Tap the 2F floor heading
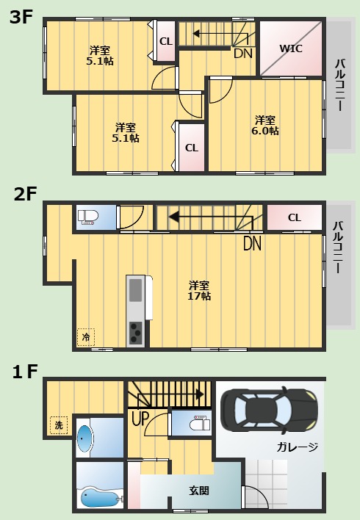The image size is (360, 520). [x=25, y=194]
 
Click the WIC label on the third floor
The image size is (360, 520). [x=291, y=49]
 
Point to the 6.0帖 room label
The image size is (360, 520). [x=266, y=131]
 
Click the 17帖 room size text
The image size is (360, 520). [x=198, y=296]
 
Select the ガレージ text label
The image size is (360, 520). [x=298, y=447]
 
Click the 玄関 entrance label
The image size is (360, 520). [x=199, y=490]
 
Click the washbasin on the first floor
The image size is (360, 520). [x=85, y=439]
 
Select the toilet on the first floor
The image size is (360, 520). [x=198, y=425]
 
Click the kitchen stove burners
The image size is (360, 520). [x=137, y=333]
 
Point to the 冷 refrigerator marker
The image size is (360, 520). [x=86, y=336]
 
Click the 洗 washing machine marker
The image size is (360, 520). [x=60, y=425]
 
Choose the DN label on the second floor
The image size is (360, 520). [x=251, y=242]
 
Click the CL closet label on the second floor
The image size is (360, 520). [x=294, y=217]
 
